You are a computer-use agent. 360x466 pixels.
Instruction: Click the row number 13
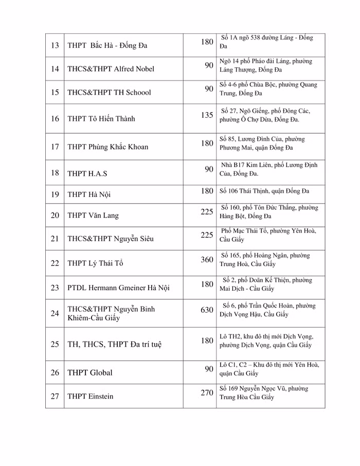(x=55, y=45)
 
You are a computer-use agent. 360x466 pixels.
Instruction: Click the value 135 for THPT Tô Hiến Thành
(x=207, y=115)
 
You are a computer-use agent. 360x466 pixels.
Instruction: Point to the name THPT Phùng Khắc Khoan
(x=108, y=147)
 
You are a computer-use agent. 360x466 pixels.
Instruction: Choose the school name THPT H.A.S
(x=87, y=173)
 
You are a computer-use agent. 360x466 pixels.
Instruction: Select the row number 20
(x=55, y=215)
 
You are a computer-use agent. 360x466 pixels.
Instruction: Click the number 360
(x=207, y=259)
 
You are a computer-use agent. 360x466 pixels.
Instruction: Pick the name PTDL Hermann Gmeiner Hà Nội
(x=118, y=288)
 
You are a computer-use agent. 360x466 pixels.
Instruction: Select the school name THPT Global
(x=90, y=372)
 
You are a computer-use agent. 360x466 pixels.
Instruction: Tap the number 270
(x=207, y=393)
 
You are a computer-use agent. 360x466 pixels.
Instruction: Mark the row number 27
(x=55, y=397)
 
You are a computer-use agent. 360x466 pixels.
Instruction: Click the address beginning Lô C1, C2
(x=269, y=369)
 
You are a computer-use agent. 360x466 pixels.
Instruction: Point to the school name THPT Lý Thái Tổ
(x=96, y=264)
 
